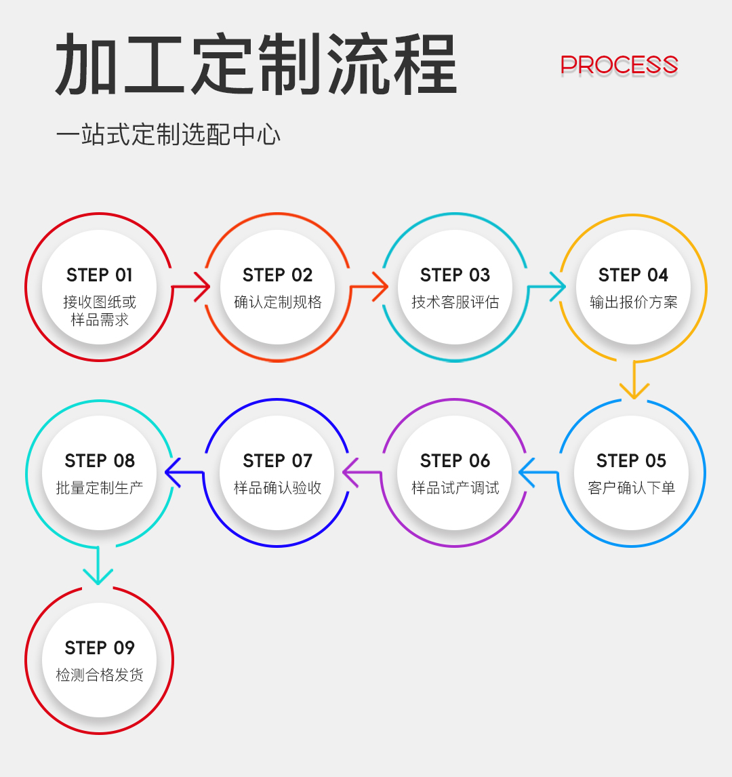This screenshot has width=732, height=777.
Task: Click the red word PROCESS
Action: click(x=619, y=65)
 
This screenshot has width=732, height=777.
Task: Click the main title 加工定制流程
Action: click(x=256, y=66)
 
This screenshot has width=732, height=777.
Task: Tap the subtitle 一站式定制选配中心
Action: click(x=168, y=135)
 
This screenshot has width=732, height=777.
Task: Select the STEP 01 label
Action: click(x=100, y=275)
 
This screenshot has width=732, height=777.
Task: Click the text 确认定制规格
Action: click(x=277, y=302)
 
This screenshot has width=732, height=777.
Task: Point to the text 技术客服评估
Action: click(x=455, y=302)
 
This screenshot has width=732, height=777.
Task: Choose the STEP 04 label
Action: click(x=633, y=275)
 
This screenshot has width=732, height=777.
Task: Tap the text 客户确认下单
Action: click(x=632, y=488)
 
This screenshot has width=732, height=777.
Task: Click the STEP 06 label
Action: click(x=455, y=461)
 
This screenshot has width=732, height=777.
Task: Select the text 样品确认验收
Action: click(x=277, y=488)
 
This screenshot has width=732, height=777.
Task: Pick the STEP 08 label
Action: click(x=100, y=461)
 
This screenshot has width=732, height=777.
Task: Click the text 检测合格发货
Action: click(x=100, y=675)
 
